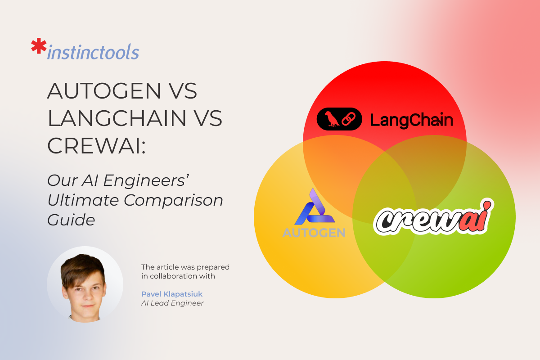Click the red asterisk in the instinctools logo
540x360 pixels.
coord(38,47)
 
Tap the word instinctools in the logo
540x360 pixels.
coord(93,53)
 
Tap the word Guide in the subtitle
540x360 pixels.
coord(71,220)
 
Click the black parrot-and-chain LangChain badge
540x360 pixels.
coord(339,119)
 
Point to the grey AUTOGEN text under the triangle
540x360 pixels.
coord(314,233)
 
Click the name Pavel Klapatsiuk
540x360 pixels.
coord(172,294)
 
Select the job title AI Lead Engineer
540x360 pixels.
coord(172,303)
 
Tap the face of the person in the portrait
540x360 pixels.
coord(84,292)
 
